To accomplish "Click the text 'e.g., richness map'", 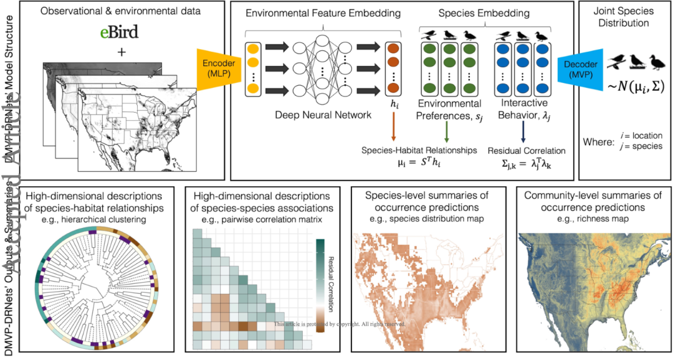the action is [592, 219].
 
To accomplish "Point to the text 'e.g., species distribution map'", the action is [426, 219].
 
